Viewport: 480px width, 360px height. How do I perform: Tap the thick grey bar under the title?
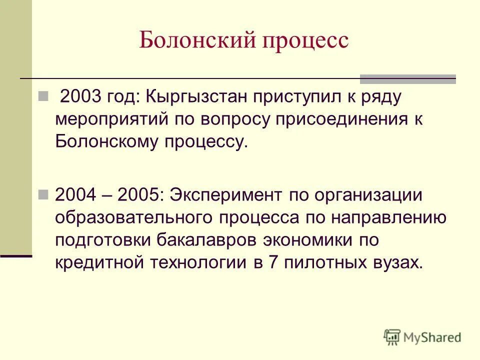tap(407, 78)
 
